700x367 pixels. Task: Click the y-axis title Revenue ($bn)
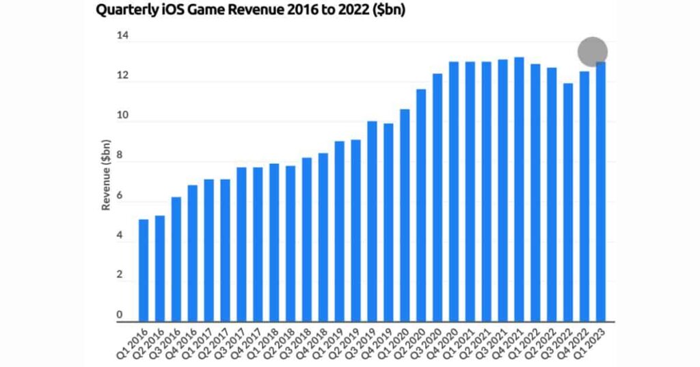point(107,175)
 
